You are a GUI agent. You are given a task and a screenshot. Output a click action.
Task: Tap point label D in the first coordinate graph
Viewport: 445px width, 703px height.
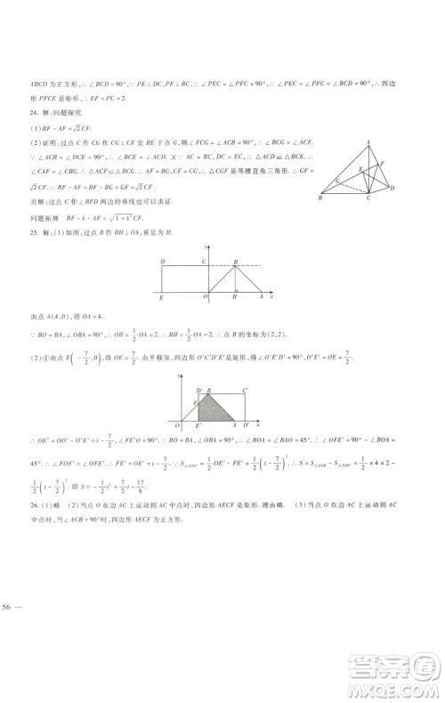[x=162, y=261]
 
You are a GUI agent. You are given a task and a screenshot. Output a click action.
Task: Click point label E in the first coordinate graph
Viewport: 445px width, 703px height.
[x=161, y=298]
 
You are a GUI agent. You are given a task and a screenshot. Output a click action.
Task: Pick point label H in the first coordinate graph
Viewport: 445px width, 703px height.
[x=234, y=298]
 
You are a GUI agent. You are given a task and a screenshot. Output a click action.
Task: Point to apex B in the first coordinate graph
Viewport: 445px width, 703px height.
[x=235, y=261]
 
